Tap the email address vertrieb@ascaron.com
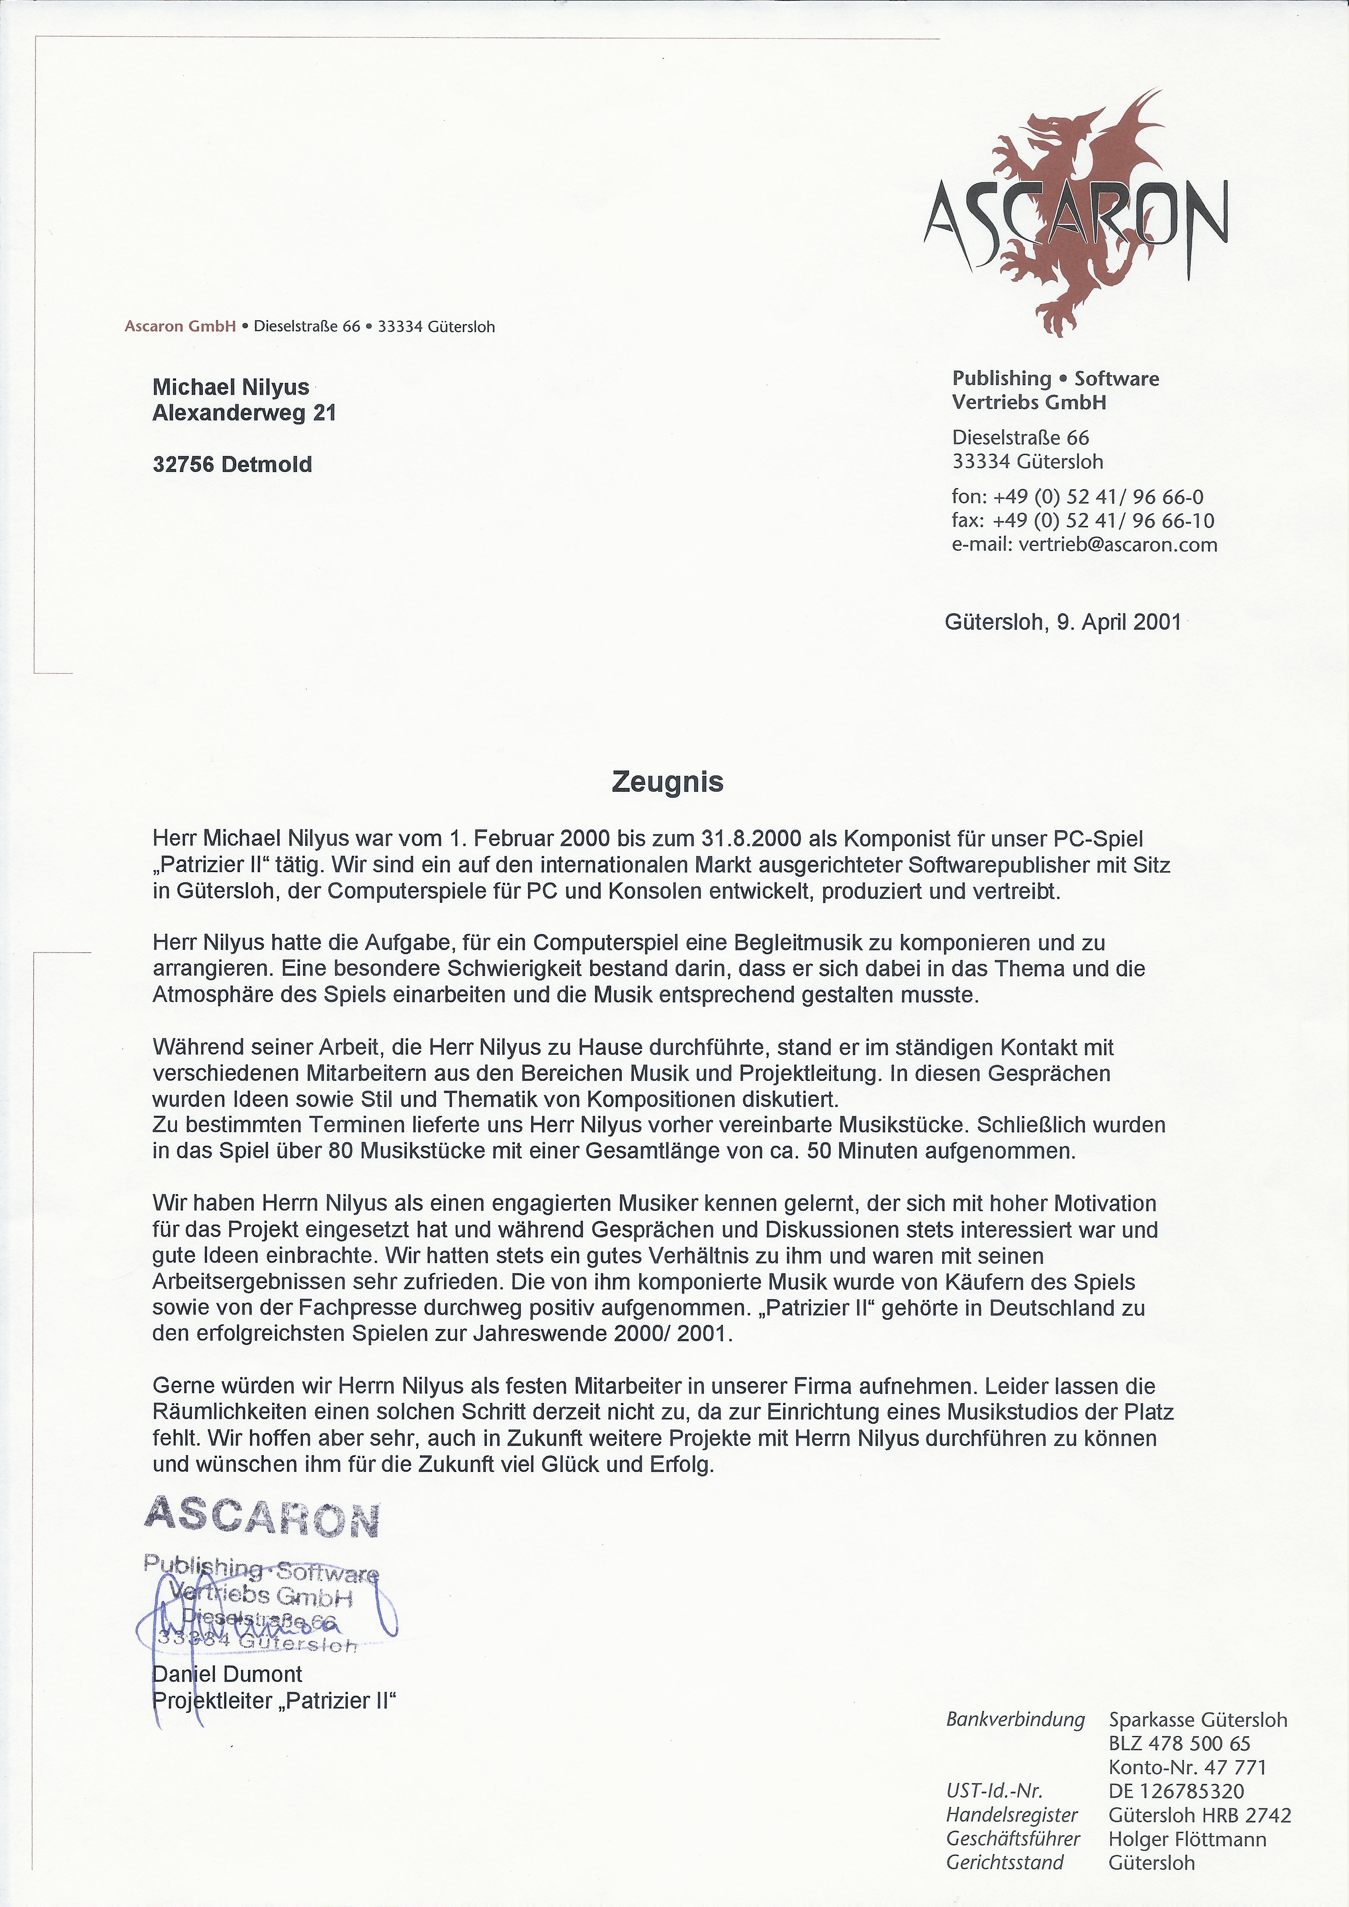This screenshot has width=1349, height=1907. click(1117, 545)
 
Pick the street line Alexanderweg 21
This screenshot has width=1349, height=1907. click(244, 413)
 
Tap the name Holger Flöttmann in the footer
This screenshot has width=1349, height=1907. click(1187, 1839)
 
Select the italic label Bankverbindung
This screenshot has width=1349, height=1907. click(1015, 1719)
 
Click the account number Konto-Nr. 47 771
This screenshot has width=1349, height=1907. click(1187, 1768)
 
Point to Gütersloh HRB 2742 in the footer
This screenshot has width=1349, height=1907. click(1199, 1816)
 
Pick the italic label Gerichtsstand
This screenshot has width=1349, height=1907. click(1005, 1863)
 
